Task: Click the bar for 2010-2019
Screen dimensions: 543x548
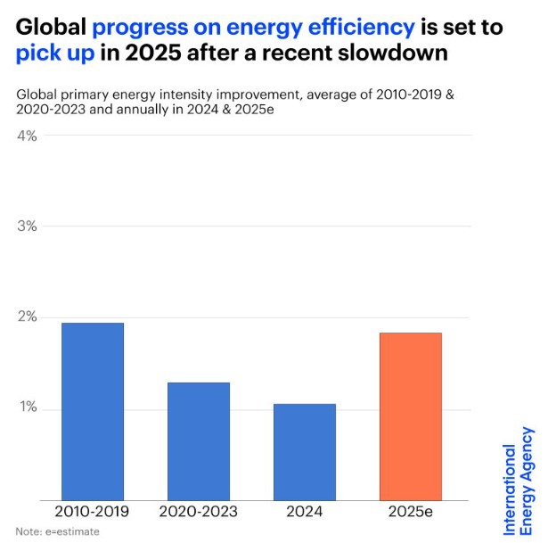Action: [93, 411]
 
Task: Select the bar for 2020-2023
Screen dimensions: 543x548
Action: [199, 441]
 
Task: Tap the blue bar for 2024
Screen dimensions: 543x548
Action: [305, 452]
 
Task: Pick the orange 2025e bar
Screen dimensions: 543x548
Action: [411, 416]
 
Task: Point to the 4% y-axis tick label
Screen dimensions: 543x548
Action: [26, 136]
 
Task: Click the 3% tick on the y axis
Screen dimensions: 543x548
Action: [26, 226]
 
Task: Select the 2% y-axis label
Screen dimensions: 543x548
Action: [26, 317]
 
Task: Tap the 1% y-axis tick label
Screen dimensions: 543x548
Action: [26, 408]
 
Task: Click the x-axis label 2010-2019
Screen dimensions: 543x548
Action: [93, 512]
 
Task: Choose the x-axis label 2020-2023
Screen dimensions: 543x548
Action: [199, 512]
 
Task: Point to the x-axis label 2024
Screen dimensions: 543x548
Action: [305, 512]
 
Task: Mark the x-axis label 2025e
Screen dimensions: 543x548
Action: [411, 512]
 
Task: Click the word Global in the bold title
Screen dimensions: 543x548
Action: [50, 28]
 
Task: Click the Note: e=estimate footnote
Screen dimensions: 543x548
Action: [57, 532]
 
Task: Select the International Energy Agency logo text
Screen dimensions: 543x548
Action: [519, 481]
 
